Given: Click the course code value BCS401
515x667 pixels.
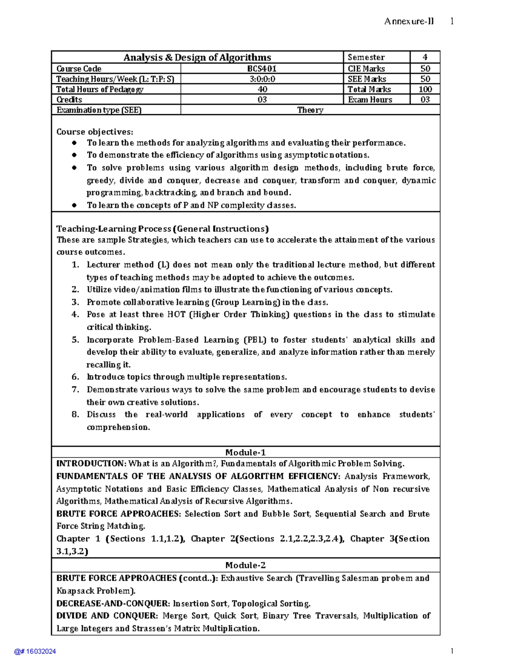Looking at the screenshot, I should point(262,69).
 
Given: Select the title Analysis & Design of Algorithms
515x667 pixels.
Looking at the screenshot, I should point(197,58).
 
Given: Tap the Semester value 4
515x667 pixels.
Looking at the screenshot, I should point(425,57).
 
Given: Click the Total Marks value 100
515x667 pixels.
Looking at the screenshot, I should point(425,89).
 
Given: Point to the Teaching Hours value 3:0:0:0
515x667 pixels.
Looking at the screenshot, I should point(262,79).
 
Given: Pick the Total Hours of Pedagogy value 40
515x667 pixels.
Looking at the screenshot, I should point(262,89).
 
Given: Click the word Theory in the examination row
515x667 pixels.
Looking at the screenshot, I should point(310,110).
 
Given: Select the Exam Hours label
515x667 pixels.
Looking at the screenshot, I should point(370,100).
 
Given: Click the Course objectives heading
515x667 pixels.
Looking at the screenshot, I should point(95,132).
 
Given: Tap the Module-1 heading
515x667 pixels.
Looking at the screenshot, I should point(245,452).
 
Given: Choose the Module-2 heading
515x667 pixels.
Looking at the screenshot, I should point(245,565).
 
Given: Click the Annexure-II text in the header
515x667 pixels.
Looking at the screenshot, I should point(409,21).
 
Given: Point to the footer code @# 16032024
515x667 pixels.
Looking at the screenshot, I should point(35,652).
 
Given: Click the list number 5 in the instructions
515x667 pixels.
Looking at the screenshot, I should point(75,340).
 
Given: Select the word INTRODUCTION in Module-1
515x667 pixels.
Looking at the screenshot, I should point(91,464).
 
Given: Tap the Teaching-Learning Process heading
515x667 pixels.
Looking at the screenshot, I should point(162,229).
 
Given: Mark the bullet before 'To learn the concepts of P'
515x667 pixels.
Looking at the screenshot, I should point(74,205).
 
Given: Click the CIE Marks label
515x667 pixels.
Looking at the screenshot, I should point(366,69).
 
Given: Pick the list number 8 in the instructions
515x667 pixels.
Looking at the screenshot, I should point(75,414).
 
